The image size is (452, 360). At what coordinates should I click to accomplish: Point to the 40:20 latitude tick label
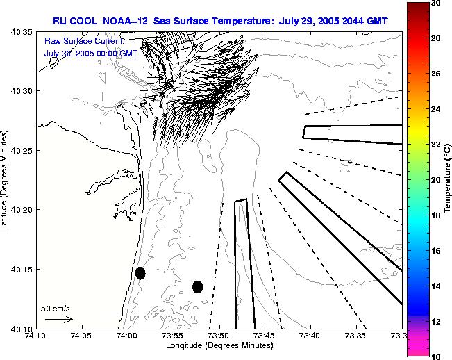(x=20, y=210)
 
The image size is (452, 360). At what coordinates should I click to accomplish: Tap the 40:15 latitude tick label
(x=20, y=269)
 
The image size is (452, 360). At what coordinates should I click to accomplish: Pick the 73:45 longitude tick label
(x=265, y=336)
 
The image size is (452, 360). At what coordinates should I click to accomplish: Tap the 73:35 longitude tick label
(x=356, y=336)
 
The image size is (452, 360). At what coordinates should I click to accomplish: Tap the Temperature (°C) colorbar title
(x=449, y=179)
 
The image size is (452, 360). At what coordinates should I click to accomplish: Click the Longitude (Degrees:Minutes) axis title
(x=219, y=345)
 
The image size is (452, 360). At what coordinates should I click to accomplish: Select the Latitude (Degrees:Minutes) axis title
(x=6, y=179)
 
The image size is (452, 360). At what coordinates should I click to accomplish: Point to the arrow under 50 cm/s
(x=59, y=319)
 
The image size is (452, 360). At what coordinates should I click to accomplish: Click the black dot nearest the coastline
(x=140, y=272)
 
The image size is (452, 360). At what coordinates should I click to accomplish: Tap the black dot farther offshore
(x=197, y=286)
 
